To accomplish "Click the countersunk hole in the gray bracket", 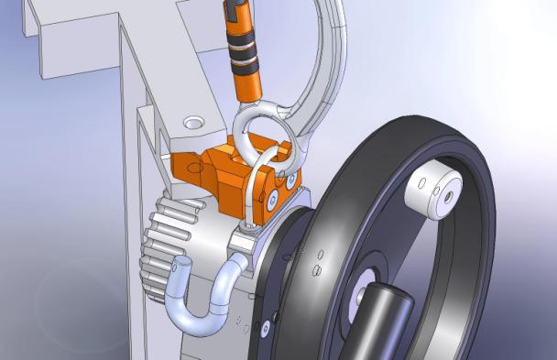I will click(194, 122).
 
